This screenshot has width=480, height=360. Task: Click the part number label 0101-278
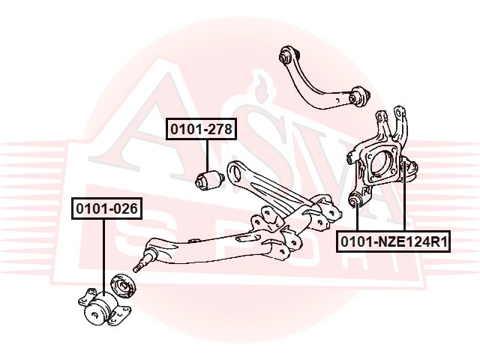point(201,130)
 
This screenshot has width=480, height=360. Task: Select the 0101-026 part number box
point(106,208)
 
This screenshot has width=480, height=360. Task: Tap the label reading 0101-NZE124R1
point(393,241)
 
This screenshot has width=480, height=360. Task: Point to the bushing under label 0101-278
point(206,180)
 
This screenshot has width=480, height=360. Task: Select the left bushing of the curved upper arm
point(285,55)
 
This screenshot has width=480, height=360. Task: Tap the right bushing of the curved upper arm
point(359,95)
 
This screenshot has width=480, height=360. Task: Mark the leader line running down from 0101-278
point(206,154)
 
